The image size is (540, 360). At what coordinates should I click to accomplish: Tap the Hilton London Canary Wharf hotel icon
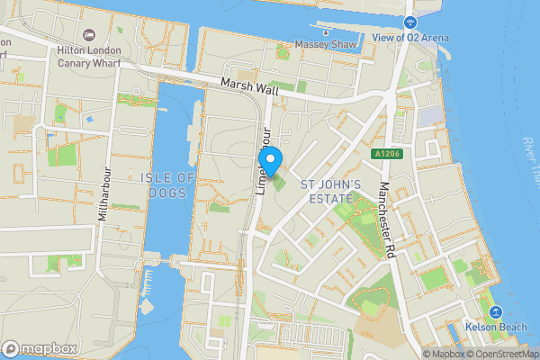89,34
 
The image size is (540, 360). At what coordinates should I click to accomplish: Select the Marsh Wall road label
247,87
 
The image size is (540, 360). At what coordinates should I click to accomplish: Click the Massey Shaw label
325,44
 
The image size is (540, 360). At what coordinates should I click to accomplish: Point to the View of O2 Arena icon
410,21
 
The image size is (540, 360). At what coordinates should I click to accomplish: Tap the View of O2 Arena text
411,38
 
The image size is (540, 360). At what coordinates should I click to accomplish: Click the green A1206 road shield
389,155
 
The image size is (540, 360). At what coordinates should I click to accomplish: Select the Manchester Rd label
393,221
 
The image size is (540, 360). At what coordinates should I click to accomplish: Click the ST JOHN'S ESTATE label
331,191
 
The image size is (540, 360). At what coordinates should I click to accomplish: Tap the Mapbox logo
40,348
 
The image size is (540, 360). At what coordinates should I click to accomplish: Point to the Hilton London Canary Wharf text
89,57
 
